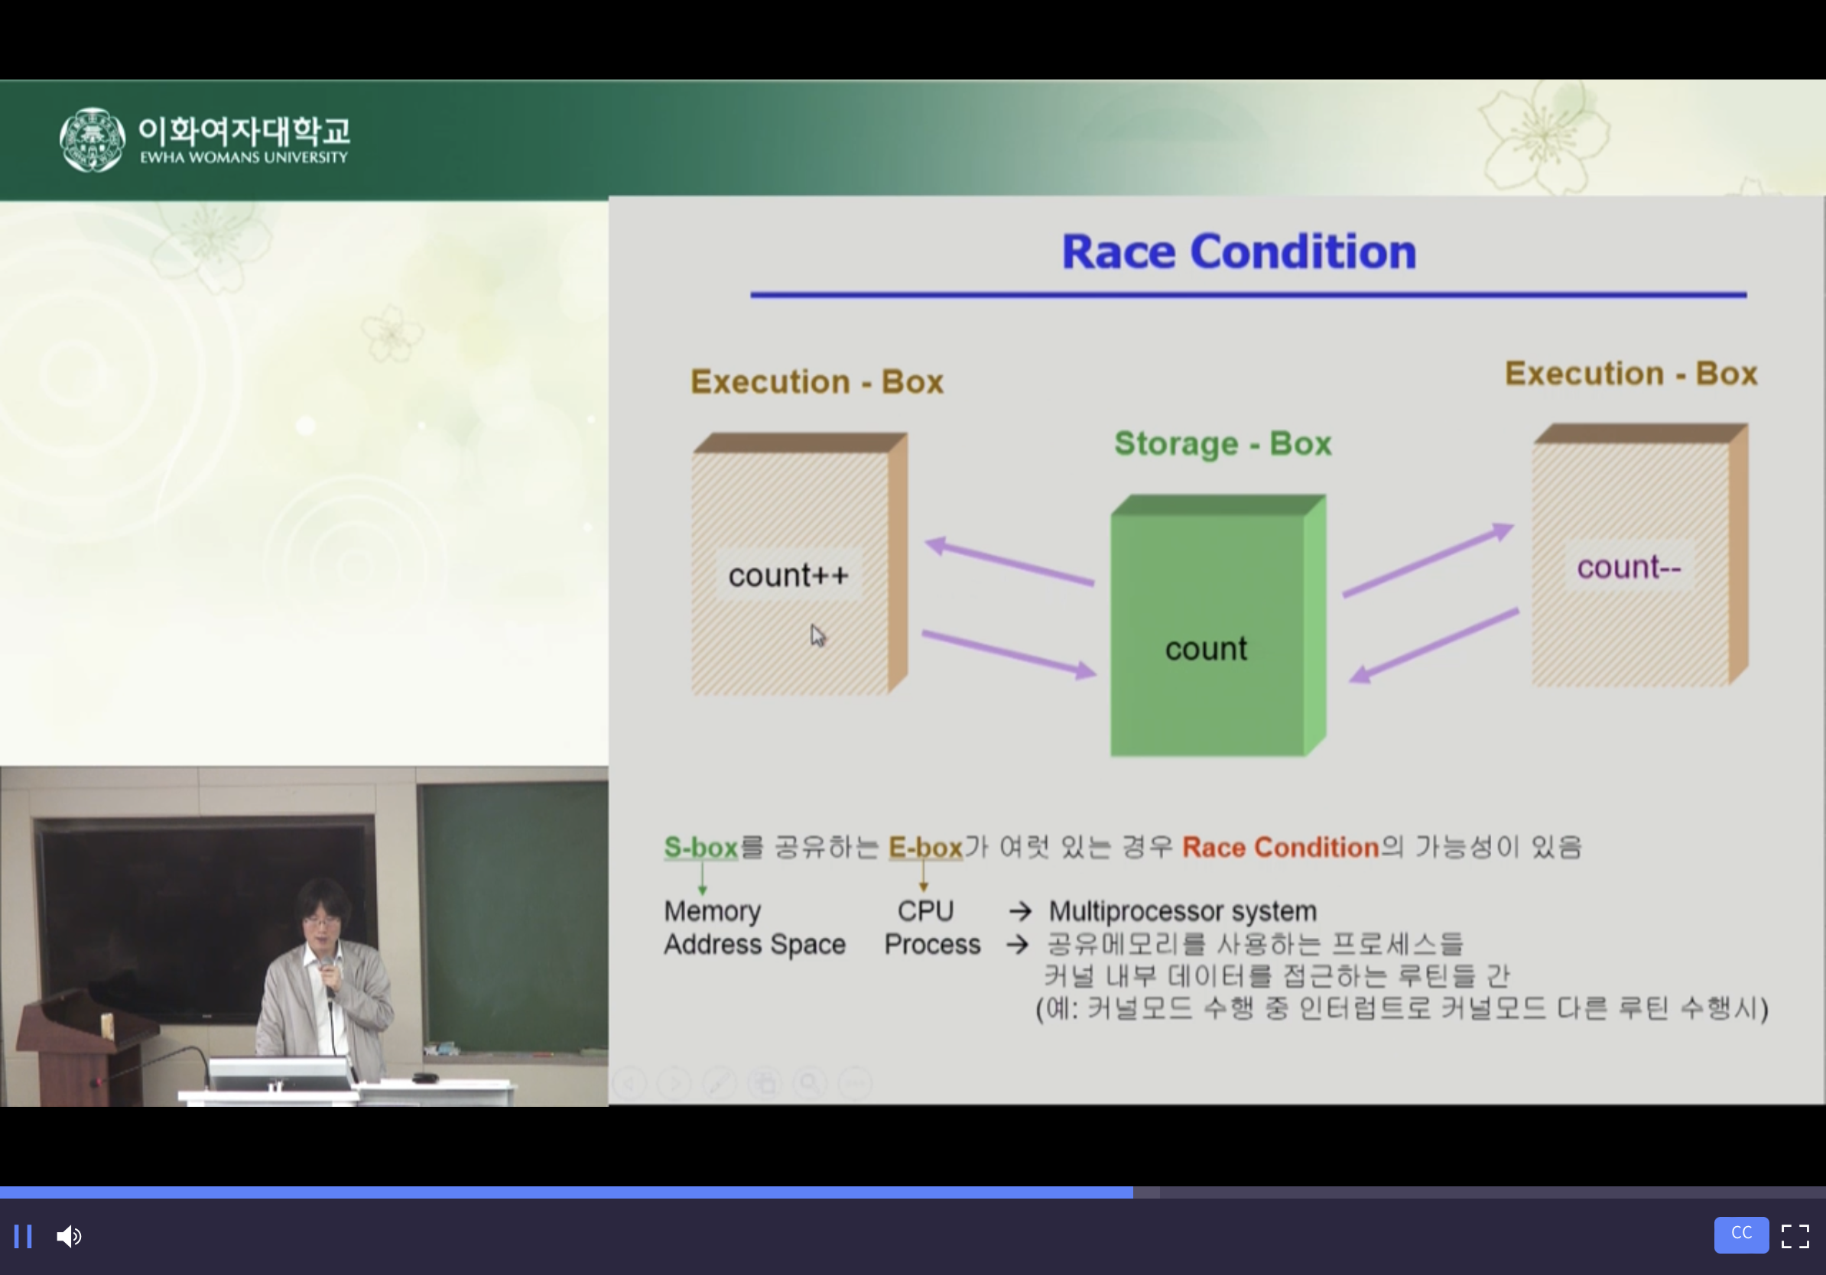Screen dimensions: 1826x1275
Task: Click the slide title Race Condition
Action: coord(1239,252)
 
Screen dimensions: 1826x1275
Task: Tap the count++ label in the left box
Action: coord(788,575)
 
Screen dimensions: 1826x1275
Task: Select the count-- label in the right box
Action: coord(1629,566)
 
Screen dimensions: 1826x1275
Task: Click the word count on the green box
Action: coord(1206,649)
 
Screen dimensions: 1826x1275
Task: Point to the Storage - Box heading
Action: coord(1223,443)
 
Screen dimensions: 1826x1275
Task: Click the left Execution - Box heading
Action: coord(817,381)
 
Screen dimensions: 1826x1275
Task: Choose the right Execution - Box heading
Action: coord(1631,373)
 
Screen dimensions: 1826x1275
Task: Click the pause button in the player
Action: coord(23,1236)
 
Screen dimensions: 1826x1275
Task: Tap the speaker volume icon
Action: coord(69,1236)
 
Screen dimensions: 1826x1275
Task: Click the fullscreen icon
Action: coord(1795,1236)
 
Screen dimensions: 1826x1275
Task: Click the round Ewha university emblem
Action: coord(93,140)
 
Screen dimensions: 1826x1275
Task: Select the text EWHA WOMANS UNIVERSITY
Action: coord(244,157)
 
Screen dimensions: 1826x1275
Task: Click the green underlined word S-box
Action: coord(700,848)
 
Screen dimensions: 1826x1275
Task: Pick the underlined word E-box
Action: coord(926,848)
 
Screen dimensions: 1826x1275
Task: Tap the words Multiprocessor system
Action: coord(1183,911)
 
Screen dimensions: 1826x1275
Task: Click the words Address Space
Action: coord(755,944)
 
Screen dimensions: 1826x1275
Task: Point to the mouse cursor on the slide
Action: coord(817,635)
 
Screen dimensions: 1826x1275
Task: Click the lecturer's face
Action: coord(321,921)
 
